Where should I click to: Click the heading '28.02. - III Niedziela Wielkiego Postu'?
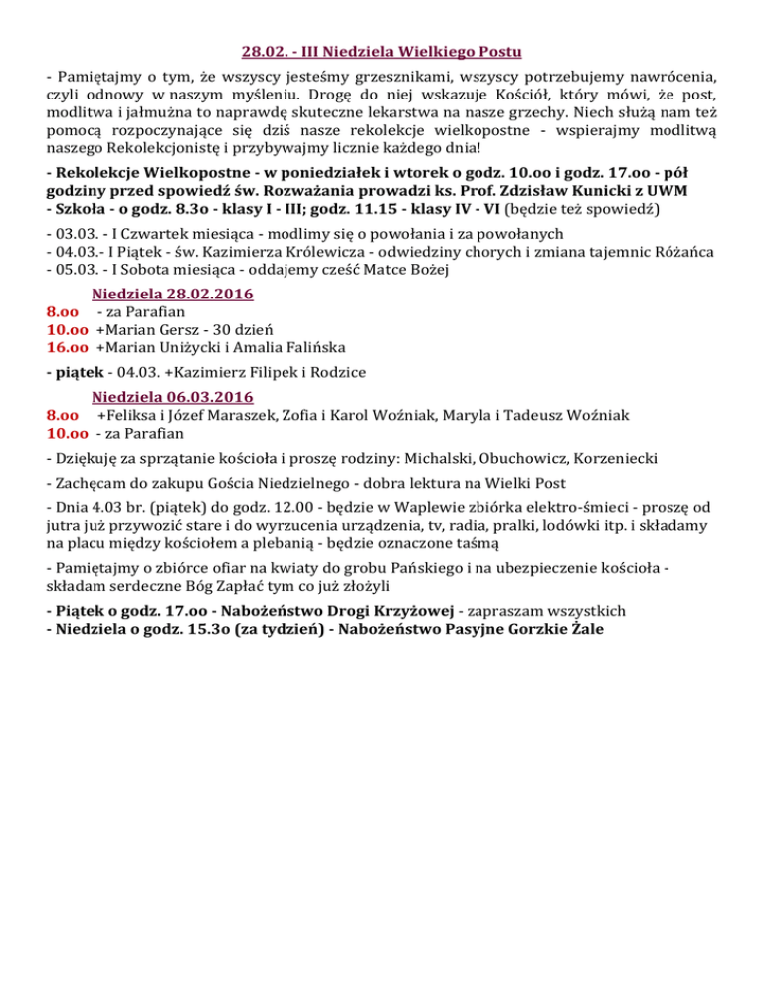(382, 50)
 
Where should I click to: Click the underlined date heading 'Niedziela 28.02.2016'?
(172, 294)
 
